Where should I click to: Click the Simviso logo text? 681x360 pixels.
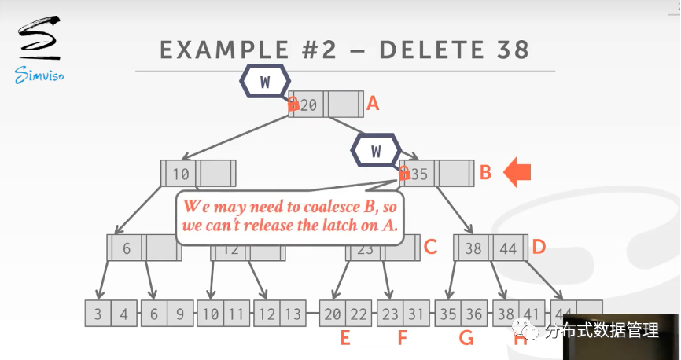38,76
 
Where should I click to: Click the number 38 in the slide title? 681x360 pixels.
509,50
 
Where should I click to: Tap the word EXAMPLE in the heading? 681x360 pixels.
225,50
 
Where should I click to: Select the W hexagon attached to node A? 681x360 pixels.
265,80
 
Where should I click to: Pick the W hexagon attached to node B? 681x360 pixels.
376,149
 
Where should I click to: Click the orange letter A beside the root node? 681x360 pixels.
374,103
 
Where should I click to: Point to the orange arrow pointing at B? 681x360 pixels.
518,172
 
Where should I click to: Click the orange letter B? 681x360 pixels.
485,173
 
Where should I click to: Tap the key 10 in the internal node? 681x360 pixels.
182,174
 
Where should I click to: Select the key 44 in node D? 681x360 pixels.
508,248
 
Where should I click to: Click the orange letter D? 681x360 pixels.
539,248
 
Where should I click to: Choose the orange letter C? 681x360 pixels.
429,248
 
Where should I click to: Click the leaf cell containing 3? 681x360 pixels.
98,314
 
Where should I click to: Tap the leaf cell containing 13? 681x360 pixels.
293,314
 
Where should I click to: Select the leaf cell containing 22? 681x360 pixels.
359,314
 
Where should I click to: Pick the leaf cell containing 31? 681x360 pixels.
416,314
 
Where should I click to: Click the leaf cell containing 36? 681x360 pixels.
474,314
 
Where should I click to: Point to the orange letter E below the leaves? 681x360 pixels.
344,339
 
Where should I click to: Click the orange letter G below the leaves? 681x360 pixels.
466,339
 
